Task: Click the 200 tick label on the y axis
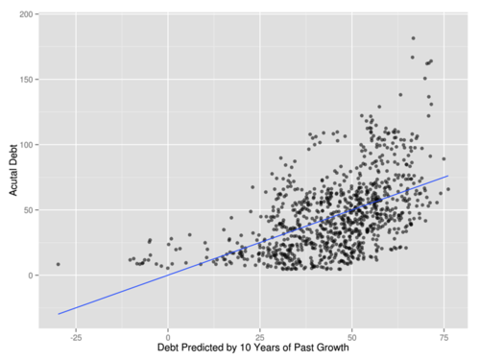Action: tap(26, 14)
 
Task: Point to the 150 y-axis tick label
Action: tap(26, 80)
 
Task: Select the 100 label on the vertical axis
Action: tap(26, 145)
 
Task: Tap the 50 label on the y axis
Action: tap(28, 210)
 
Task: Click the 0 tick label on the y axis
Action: tap(31, 276)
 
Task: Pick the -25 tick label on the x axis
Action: tap(76, 338)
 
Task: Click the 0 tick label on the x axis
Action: tap(168, 338)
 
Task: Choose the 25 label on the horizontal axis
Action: tap(260, 338)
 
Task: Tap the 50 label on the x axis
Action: tap(351, 338)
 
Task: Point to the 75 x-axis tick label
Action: tap(444, 338)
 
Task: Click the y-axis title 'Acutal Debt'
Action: tap(13, 170)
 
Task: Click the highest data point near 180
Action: tap(413, 38)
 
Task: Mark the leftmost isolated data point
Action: tap(58, 264)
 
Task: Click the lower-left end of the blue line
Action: tap(58, 314)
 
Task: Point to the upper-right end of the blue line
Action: tap(448, 176)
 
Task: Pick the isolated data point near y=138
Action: tap(400, 95)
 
